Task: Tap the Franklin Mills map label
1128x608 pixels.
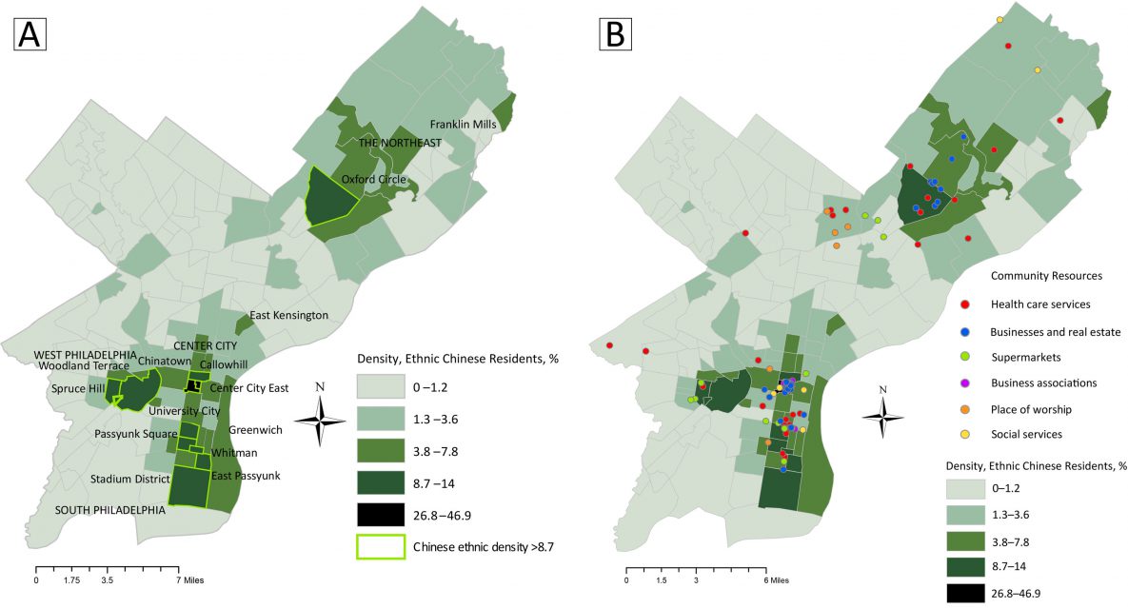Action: click(465, 125)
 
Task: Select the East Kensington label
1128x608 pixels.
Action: click(288, 315)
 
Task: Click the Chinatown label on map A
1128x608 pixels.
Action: click(138, 362)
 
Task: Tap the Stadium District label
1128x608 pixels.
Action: click(129, 479)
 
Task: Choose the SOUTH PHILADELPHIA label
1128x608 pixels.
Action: click(109, 510)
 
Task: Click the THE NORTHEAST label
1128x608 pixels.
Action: click(400, 143)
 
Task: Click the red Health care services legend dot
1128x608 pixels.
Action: click(965, 304)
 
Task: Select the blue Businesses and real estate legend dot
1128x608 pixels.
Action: click(965, 331)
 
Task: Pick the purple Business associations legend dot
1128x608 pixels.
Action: click(965, 382)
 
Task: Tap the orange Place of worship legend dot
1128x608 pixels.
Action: click(965, 409)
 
